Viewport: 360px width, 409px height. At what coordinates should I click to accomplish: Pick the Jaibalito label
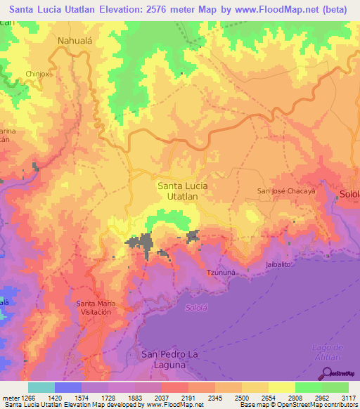pyautogui.click(x=278, y=265)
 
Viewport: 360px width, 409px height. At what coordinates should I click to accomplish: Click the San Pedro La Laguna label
pyautogui.click(x=173, y=359)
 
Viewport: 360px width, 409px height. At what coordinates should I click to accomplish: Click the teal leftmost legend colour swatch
pyautogui.click(x=41, y=387)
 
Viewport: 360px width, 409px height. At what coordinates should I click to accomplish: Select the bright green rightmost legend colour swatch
pyautogui.click(x=335, y=387)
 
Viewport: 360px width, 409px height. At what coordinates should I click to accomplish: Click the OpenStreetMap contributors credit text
pyautogui.click(x=314, y=405)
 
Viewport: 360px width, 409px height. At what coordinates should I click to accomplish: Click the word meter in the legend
pyautogui.click(x=9, y=398)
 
